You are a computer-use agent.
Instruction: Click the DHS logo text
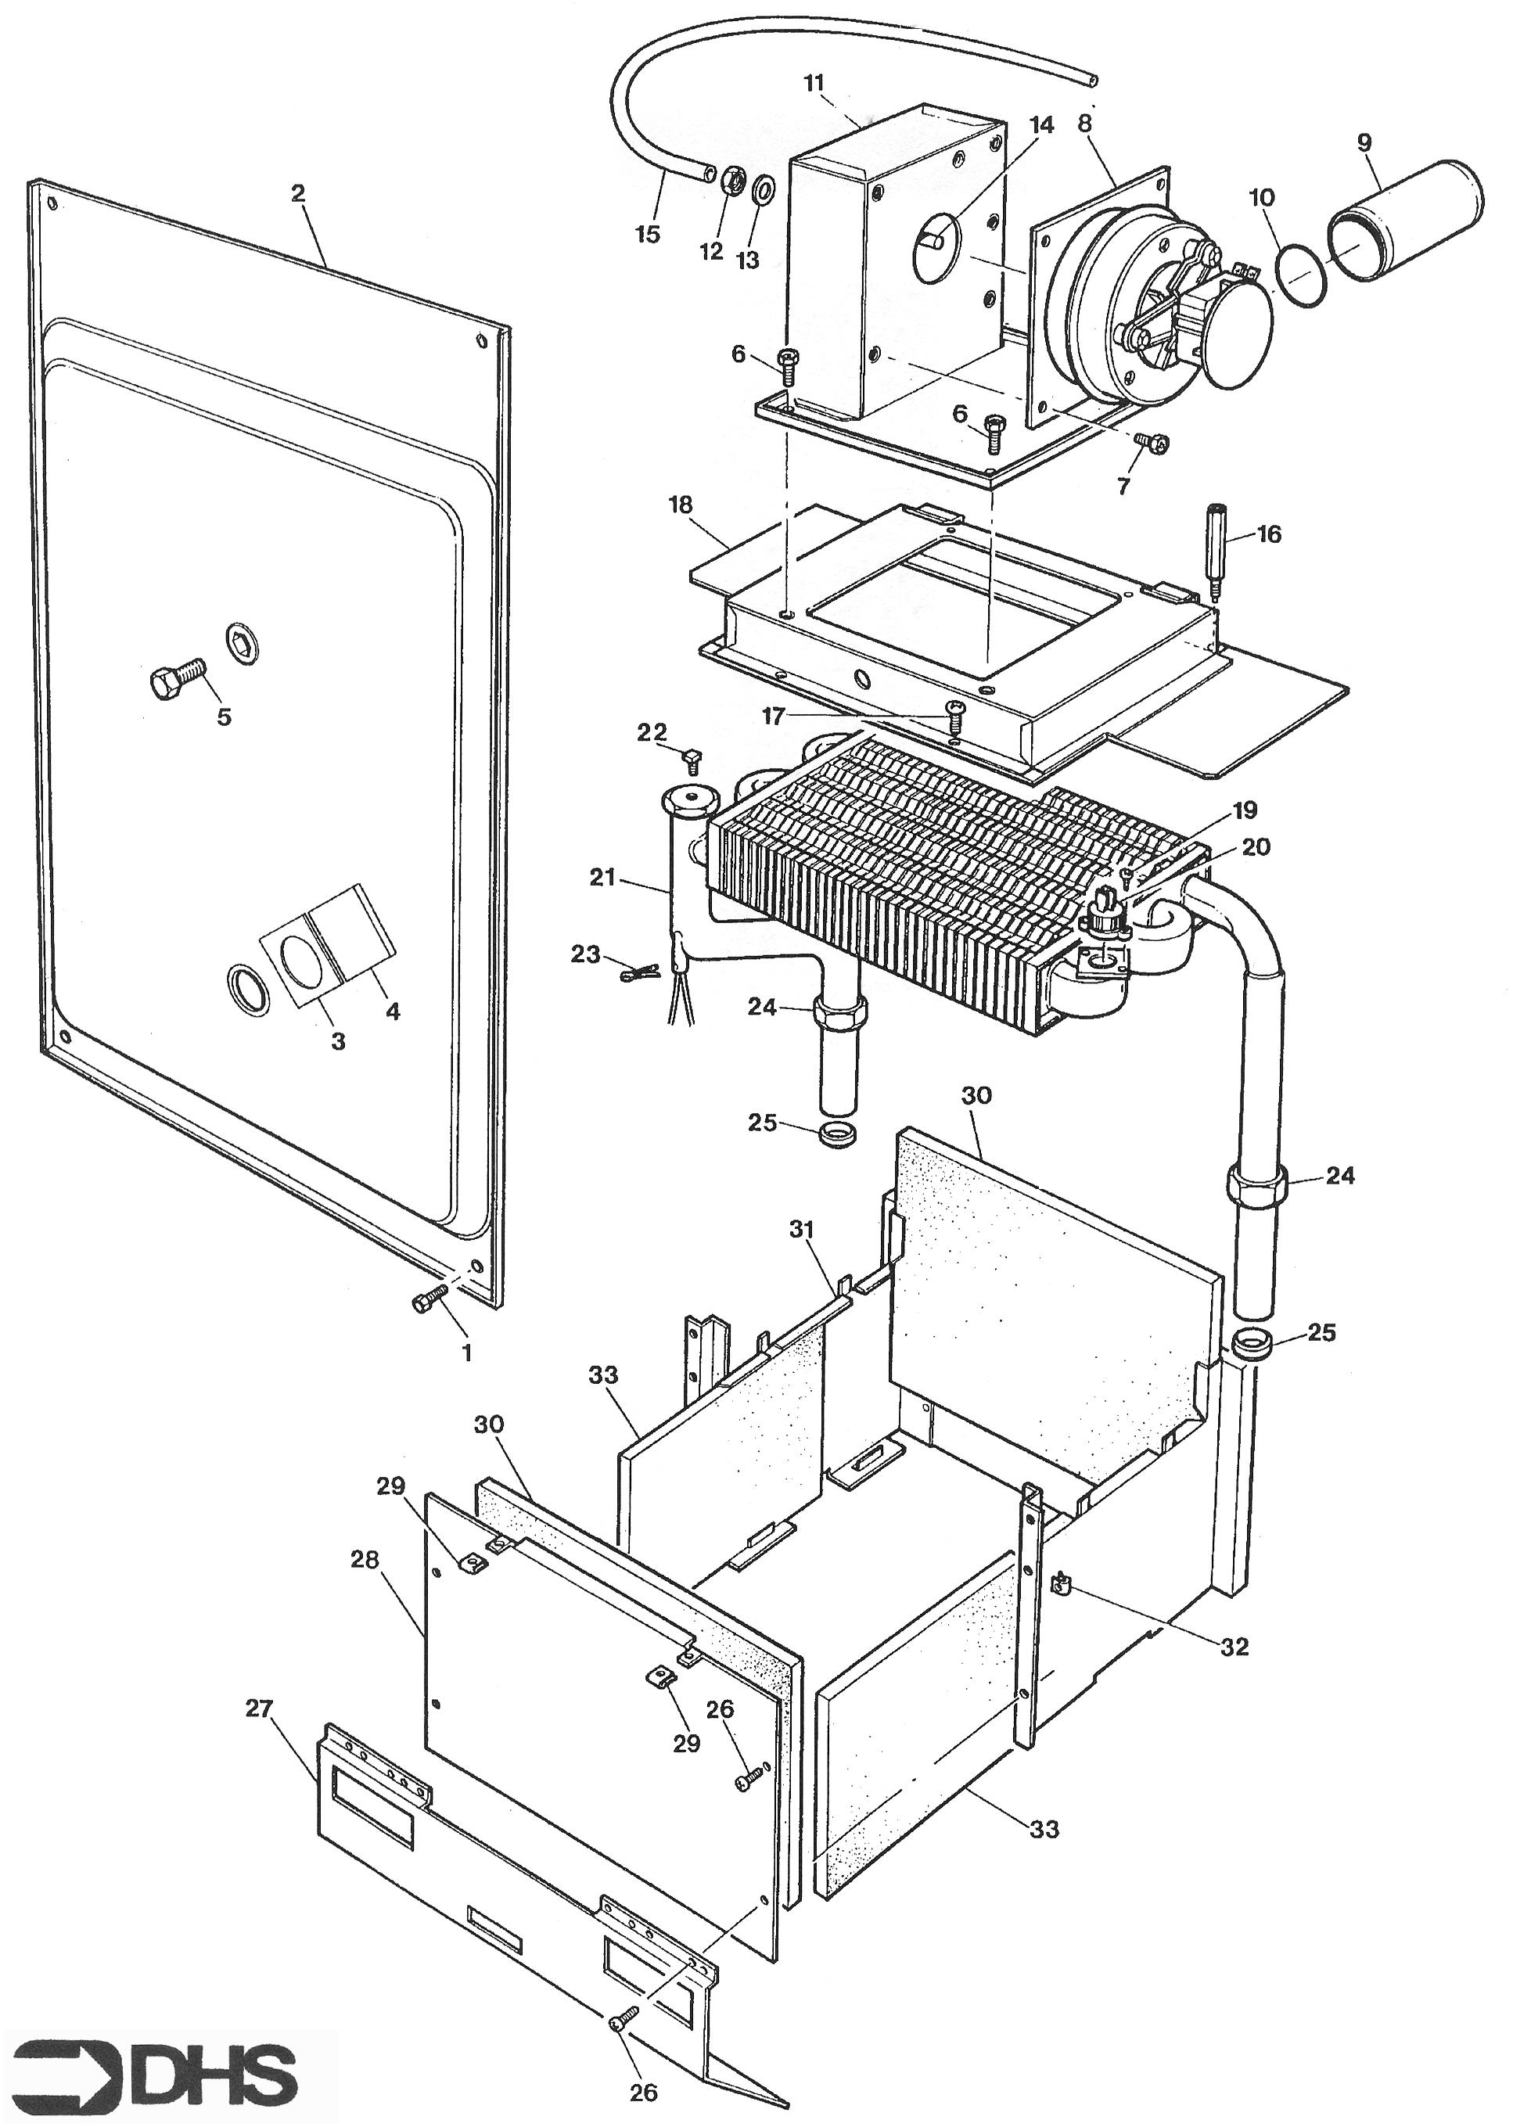(x=214, y=2049)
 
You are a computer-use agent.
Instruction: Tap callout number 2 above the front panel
(x=298, y=194)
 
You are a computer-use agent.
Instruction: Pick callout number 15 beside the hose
(x=648, y=234)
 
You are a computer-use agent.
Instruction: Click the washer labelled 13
(x=763, y=191)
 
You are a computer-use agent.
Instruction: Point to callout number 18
(x=681, y=505)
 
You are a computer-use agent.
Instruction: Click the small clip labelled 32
(x=1059, y=1580)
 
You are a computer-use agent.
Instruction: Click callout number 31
(x=802, y=1231)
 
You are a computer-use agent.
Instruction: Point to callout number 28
(x=365, y=1560)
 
